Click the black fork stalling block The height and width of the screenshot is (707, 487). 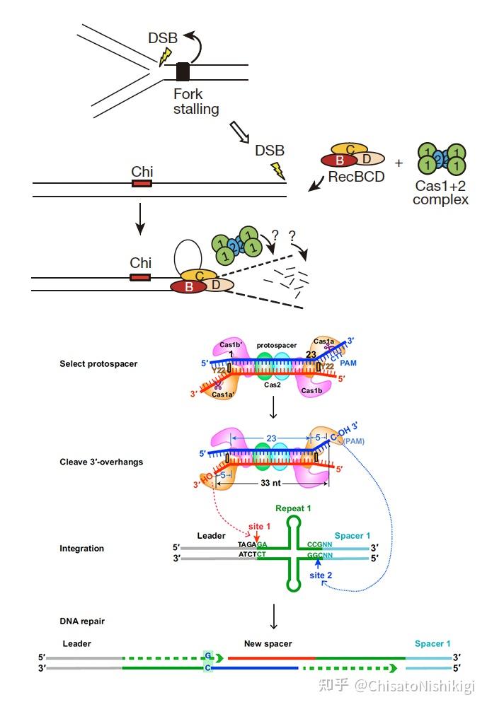point(183,72)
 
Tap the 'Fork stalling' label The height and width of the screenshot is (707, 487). point(195,102)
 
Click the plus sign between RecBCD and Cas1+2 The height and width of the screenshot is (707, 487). point(398,163)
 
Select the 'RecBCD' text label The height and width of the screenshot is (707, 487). point(356,177)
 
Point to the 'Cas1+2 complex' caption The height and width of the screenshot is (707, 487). point(440,193)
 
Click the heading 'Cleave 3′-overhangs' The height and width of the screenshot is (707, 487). point(101,462)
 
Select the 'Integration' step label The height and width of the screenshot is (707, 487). point(81,548)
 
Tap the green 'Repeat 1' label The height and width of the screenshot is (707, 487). point(294,508)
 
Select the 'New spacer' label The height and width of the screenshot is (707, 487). point(268,643)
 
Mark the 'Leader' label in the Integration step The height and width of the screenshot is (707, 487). point(211,537)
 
